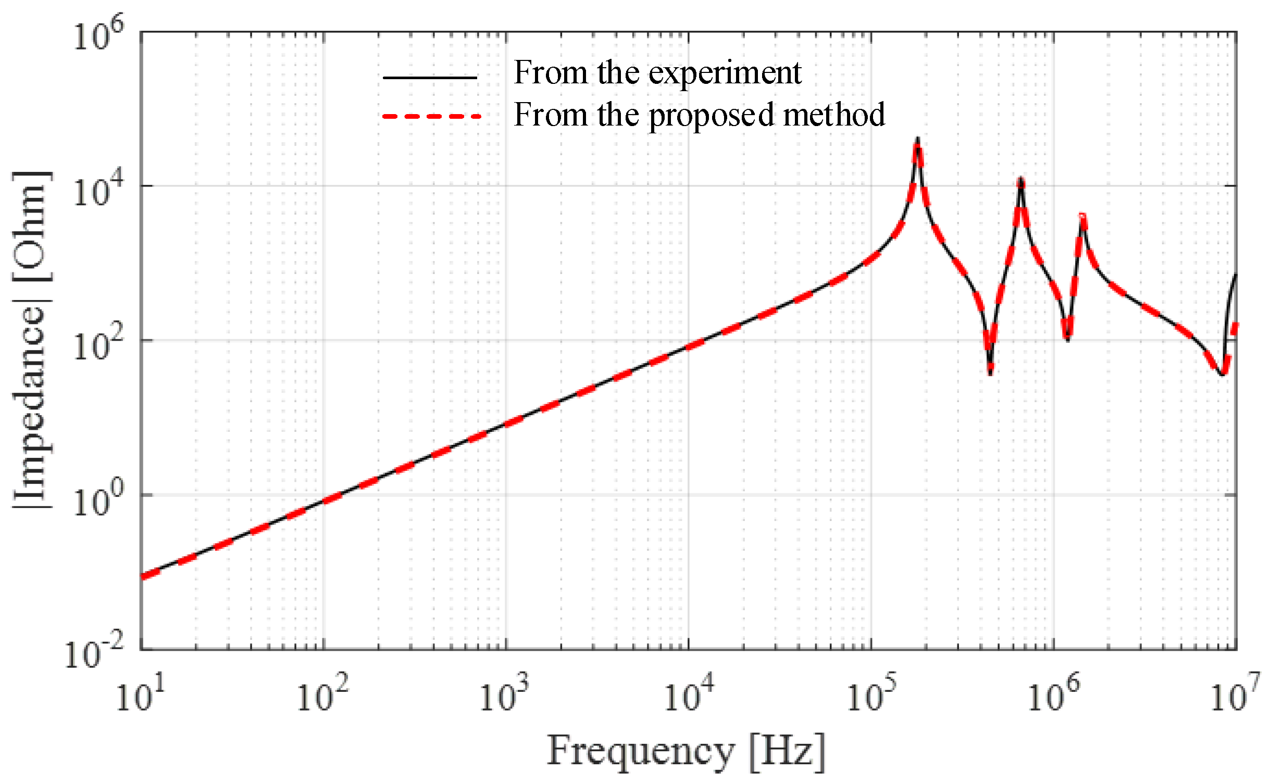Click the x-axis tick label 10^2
[322, 694]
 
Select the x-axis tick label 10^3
[504, 694]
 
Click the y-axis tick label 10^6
[98, 34]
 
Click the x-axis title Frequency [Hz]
[686, 752]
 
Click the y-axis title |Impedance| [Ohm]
[32, 340]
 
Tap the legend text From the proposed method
[699, 115]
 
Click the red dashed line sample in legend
[431, 116]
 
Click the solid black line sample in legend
[430, 78]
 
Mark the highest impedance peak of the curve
[917, 140]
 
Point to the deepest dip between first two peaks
[990, 371]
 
